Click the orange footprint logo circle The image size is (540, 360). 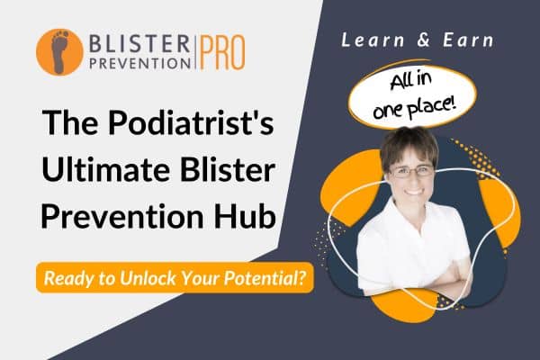(x=59, y=52)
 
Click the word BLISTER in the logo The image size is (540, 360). (x=139, y=44)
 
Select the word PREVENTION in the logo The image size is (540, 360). (x=139, y=63)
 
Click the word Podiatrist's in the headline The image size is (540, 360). (x=191, y=123)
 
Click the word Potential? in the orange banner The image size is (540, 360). (x=265, y=278)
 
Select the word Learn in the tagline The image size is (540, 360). (x=373, y=40)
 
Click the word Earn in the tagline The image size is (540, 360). (x=468, y=40)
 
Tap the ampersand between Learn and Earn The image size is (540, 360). (x=424, y=40)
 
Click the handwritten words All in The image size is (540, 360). (x=411, y=81)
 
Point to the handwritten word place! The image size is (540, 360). (x=432, y=106)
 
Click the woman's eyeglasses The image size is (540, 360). (x=412, y=171)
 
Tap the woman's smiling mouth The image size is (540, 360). (x=414, y=191)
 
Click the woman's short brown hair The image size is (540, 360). (x=409, y=145)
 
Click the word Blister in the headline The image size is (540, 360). (x=228, y=170)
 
